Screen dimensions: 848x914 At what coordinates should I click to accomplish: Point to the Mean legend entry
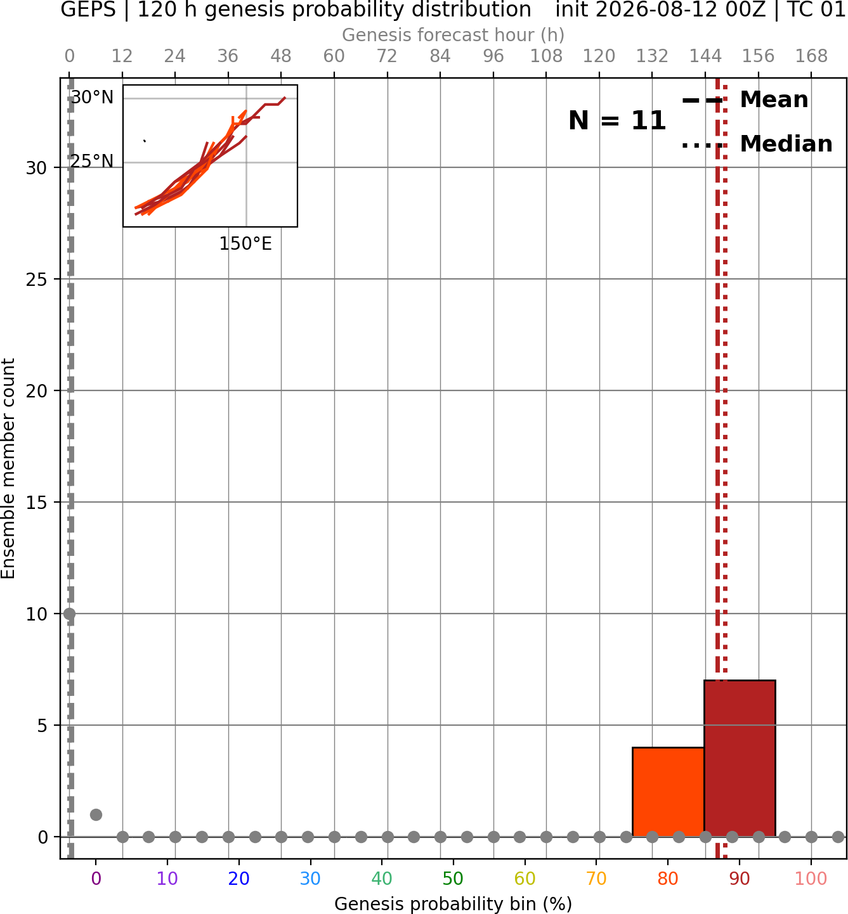[x=745, y=100]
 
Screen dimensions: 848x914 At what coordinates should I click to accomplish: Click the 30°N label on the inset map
[x=92, y=98]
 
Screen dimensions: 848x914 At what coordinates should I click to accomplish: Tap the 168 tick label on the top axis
[x=811, y=56]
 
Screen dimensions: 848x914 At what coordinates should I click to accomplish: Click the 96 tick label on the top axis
[x=493, y=56]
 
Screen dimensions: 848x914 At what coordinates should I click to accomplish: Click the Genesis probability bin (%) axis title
[x=453, y=904]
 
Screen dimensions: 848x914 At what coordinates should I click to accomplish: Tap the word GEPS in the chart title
[x=88, y=10]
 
